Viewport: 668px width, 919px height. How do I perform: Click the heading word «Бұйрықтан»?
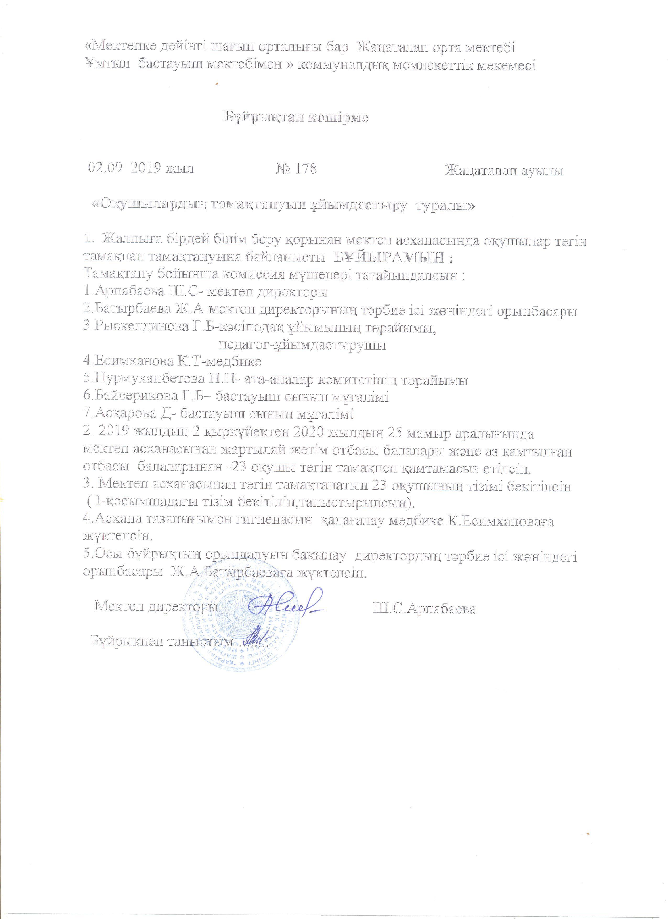(264, 118)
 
